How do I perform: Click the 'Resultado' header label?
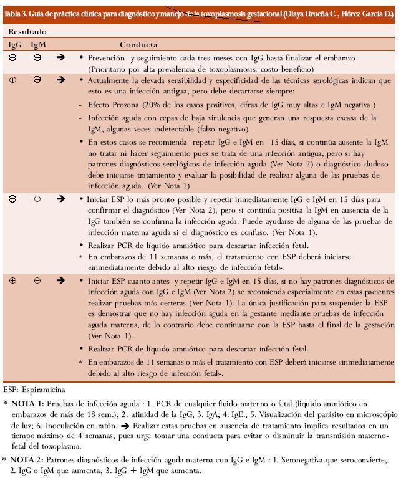click(x=27, y=31)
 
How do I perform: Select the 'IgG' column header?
click(x=14, y=45)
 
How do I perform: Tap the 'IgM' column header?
click(x=38, y=45)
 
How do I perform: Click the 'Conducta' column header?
click(x=138, y=45)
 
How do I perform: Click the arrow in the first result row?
click(x=60, y=57)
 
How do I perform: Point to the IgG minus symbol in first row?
click(x=12, y=57)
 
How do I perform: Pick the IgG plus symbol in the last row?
click(x=12, y=280)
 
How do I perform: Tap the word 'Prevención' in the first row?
click(x=108, y=57)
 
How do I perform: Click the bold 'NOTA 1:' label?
click(x=27, y=404)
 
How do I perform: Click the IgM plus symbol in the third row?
click(x=37, y=199)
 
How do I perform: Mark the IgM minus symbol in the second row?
click(x=37, y=80)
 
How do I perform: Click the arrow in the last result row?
click(x=60, y=280)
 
